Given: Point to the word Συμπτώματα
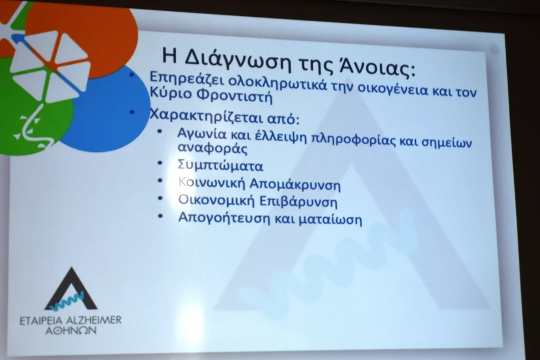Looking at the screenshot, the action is (x=220, y=166).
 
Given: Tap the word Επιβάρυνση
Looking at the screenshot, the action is (x=298, y=202).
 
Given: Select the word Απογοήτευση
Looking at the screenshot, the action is (x=224, y=218).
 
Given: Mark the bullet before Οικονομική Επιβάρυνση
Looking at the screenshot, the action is (x=160, y=199).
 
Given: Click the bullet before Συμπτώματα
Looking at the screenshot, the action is (x=159, y=162).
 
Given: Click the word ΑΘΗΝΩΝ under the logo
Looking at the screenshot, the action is (x=71, y=331).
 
